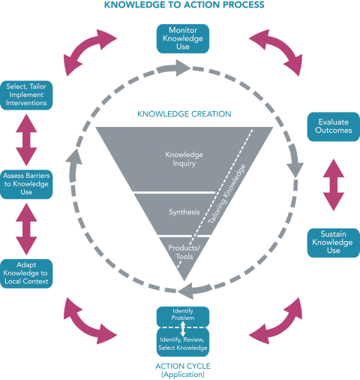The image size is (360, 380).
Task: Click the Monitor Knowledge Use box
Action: [183, 38]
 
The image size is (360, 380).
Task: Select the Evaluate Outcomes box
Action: [334, 127]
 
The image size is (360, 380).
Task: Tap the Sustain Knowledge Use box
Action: [334, 243]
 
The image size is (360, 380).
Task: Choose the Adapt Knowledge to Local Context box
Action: [26, 273]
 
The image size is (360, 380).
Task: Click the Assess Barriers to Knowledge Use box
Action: [26, 184]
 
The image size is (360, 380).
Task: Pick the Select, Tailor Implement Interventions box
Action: [26, 95]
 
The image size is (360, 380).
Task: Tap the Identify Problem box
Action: [183, 316]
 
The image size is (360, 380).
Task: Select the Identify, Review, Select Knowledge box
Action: [183, 342]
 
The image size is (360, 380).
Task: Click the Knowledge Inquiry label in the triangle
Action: [184, 159]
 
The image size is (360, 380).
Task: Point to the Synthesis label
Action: [184, 213]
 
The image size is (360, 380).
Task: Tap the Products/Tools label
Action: [184, 252]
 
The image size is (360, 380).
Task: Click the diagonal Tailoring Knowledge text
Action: [226, 194]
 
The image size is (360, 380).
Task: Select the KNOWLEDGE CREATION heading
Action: [184, 114]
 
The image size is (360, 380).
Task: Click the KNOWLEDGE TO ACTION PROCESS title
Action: [184, 5]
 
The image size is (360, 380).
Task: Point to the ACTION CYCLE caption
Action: [183, 370]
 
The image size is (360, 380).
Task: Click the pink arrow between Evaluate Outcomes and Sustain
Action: [334, 185]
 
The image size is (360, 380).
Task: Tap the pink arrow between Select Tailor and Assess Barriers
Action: [26, 140]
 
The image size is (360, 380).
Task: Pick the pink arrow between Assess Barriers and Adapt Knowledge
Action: [26, 229]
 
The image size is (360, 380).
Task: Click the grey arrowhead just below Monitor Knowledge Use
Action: [182, 68]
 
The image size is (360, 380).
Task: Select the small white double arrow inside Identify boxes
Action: [183, 329]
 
